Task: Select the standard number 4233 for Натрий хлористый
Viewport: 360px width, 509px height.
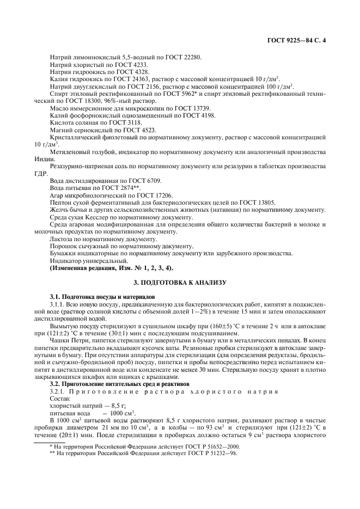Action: pos(138,65)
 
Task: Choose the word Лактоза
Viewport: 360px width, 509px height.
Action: pos(62,238)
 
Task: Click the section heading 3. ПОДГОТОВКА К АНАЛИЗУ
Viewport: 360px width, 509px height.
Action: pos(180,283)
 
